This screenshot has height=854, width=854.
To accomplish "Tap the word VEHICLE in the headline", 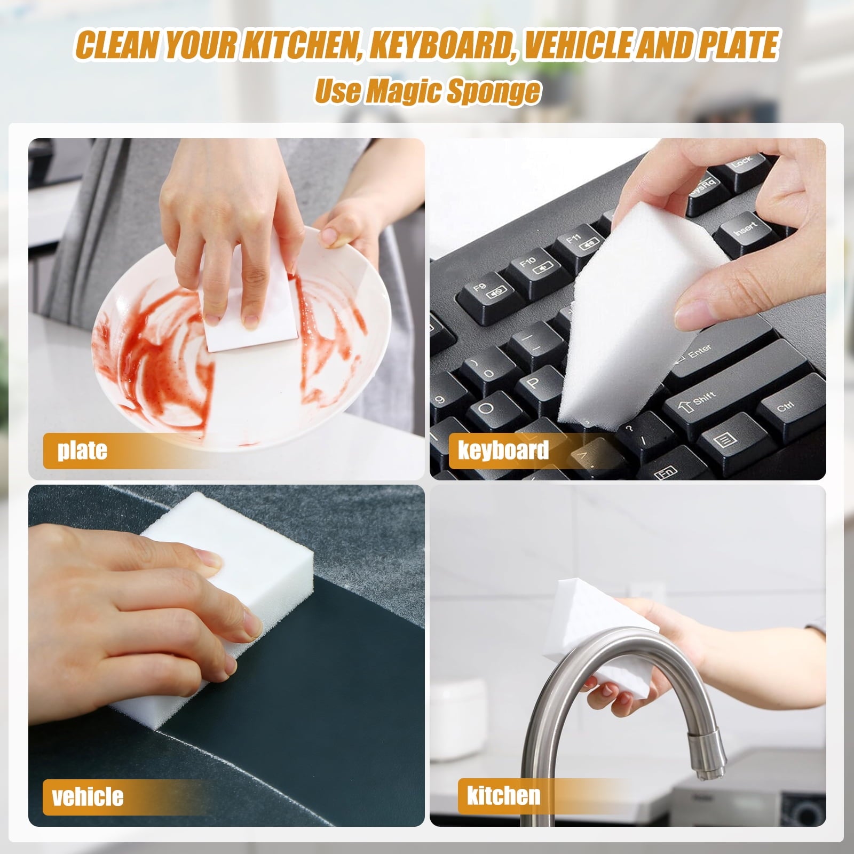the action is (582, 45).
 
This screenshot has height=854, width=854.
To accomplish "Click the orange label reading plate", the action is (82, 449).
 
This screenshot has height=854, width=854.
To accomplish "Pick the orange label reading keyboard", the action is (503, 450).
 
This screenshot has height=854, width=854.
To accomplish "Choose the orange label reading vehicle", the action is (88, 797).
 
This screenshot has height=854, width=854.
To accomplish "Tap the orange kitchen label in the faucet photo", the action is (503, 796).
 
